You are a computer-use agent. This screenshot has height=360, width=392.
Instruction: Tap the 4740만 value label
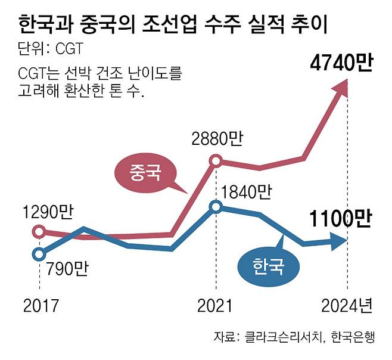340,63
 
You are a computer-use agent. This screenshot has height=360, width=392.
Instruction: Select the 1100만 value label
340,219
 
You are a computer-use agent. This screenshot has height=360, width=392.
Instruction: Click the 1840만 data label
245,191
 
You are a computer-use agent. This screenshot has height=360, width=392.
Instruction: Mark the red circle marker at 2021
216,160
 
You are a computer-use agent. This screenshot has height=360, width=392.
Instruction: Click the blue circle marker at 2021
216,207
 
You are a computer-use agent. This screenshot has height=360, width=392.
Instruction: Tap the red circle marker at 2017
39,231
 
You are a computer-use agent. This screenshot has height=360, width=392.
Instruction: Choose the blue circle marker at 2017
39,255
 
